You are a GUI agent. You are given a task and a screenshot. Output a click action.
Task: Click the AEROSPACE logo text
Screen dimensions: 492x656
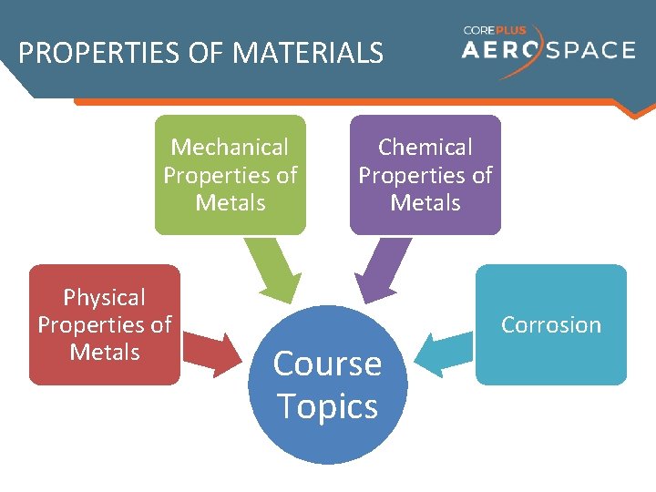[x=548, y=49]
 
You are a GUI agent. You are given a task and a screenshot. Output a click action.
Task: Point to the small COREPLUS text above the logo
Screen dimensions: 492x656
[x=495, y=30]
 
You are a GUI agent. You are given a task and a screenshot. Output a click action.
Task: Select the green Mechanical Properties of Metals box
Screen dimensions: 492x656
[x=230, y=174]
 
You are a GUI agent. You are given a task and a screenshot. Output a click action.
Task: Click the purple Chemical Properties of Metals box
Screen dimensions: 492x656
[x=425, y=174]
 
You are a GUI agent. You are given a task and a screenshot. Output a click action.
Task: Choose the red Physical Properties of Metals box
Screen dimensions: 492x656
[x=105, y=324]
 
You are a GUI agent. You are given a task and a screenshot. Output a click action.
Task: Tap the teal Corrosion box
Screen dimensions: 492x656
[x=551, y=324]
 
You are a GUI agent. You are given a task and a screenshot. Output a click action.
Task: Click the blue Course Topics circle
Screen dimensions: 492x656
[x=327, y=384]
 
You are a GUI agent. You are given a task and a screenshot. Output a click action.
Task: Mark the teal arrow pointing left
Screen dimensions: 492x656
[x=443, y=350]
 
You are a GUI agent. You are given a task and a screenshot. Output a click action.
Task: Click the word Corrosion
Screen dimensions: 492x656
[x=551, y=325]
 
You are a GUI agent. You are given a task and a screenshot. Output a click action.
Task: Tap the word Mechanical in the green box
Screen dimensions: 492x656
[x=230, y=147]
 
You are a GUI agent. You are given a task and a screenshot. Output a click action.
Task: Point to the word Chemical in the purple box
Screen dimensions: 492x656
[x=425, y=147]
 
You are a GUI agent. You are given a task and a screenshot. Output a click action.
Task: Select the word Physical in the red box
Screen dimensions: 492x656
[x=105, y=297]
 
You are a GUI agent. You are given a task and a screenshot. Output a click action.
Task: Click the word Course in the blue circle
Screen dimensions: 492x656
[x=327, y=364]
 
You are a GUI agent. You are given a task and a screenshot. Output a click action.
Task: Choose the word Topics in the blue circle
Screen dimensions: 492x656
[x=327, y=405]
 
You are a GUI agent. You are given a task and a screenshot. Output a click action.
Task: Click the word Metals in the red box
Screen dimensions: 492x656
[x=105, y=352]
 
